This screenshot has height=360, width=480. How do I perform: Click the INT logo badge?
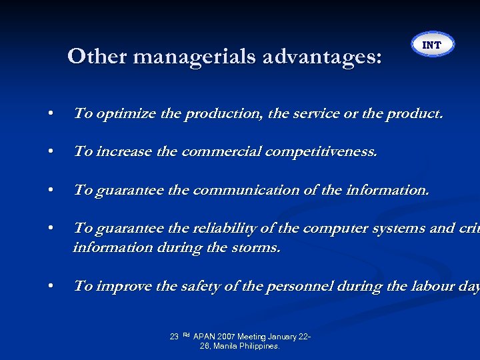[432, 45]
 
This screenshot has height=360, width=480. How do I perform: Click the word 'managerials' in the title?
[193, 57]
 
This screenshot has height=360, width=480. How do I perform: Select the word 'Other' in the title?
[97, 57]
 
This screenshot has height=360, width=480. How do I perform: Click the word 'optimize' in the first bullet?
[127, 114]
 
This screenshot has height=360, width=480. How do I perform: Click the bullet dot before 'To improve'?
[51, 287]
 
